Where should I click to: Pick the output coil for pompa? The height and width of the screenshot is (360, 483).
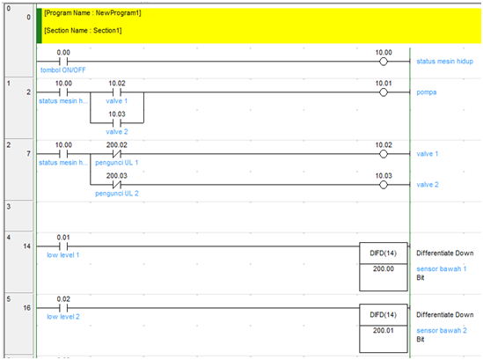[x=383, y=92]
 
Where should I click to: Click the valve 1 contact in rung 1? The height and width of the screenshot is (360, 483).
[x=117, y=92]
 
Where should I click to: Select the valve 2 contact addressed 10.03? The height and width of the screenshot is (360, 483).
[x=117, y=121]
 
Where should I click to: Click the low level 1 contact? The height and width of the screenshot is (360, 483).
[x=62, y=246]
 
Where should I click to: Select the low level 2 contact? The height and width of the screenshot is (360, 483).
[x=62, y=307]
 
